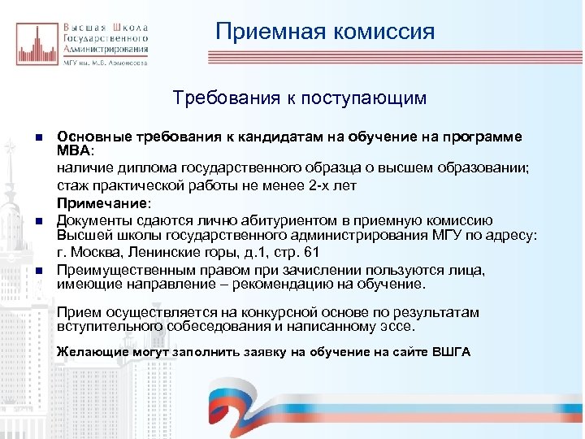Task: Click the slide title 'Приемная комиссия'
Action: click(x=325, y=32)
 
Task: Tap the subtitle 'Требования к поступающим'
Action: click(x=299, y=98)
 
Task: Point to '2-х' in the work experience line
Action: click(x=308, y=185)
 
